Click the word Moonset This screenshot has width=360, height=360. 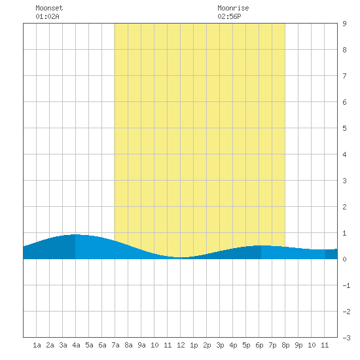point(49,8)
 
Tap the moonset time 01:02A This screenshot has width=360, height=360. point(47,16)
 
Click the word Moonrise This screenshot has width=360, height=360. point(233,8)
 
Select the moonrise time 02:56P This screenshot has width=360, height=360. point(229,16)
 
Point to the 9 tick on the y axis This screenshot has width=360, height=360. point(344,24)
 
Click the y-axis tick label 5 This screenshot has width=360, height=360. point(344,128)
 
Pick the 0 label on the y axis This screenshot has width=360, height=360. point(344,259)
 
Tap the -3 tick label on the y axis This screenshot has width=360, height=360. point(346,338)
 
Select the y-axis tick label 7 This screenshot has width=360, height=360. point(344,76)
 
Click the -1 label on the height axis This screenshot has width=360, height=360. point(346,285)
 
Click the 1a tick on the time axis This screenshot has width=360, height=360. point(37,345)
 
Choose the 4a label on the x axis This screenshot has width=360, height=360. point(76,345)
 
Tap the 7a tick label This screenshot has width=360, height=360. point(115,345)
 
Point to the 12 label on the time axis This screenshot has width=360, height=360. point(181,345)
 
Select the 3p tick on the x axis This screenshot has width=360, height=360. point(220,345)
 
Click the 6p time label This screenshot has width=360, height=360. point(259,345)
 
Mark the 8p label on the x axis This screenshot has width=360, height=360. point(285,345)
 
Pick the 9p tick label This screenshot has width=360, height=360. point(298,345)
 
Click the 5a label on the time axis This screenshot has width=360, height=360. point(89,345)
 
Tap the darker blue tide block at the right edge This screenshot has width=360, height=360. point(331,254)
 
